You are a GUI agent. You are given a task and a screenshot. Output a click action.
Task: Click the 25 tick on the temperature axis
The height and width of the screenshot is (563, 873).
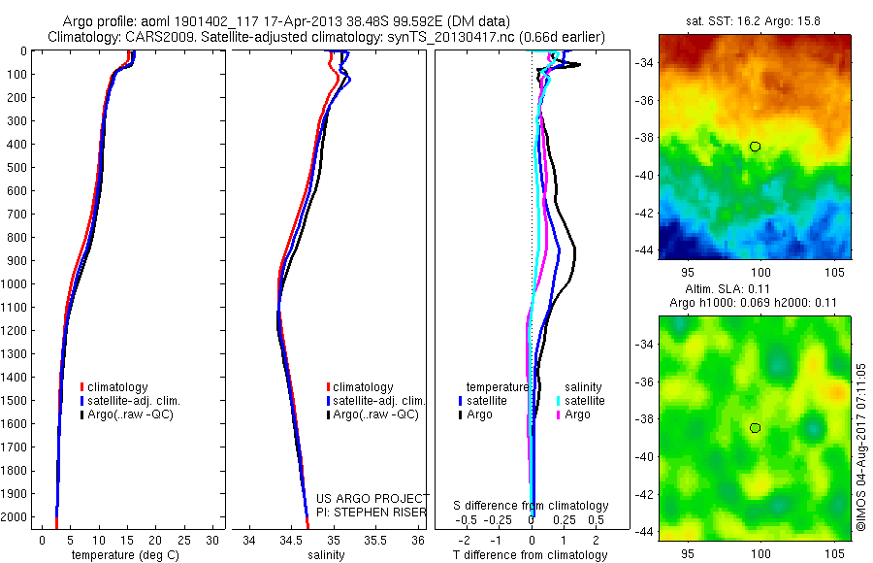[x=184, y=540]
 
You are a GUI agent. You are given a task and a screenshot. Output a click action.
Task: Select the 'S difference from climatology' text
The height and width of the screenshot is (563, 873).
[x=531, y=506]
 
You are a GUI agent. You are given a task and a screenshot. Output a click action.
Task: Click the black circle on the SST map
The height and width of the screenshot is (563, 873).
[x=755, y=147]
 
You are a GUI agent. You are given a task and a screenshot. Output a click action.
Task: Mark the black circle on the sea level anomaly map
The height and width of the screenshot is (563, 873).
[x=755, y=428]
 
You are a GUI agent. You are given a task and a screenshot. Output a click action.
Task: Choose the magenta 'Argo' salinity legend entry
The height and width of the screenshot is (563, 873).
[x=577, y=414]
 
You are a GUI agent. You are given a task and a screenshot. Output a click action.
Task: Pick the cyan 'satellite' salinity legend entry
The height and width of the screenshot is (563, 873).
[x=585, y=400]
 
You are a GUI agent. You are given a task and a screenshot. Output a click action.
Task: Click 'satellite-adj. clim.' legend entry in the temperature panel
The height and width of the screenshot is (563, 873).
[x=134, y=401]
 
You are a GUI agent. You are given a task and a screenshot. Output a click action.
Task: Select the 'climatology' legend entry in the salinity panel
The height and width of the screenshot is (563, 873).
[x=363, y=387]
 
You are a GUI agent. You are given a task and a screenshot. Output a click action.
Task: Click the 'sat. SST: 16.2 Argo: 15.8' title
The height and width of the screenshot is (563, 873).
[x=755, y=18]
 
